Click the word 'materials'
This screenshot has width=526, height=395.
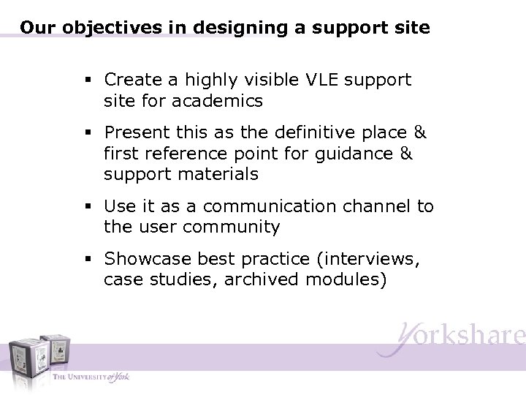coord(221,175)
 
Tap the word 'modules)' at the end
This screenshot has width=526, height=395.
coord(344,280)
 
